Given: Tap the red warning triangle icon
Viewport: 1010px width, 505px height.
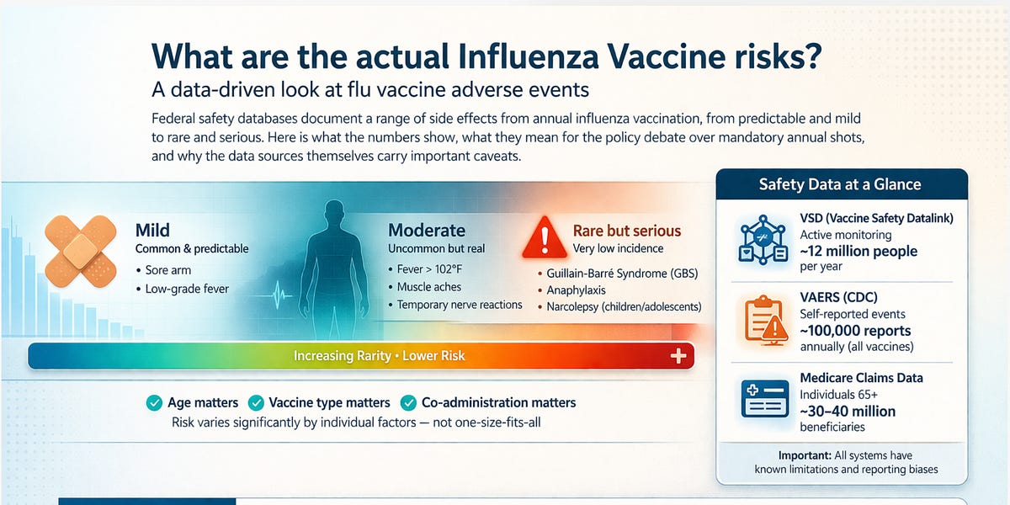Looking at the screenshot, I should click(544, 238).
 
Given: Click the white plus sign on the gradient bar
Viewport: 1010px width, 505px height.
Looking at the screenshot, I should click(678, 356).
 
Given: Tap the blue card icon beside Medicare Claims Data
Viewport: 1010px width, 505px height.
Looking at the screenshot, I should click(764, 399).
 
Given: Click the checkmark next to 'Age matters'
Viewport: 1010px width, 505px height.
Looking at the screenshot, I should click(154, 403).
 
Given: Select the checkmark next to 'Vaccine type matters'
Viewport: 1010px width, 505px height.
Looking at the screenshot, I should click(255, 403).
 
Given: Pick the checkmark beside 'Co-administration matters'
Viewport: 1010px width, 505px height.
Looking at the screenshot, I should click(409, 403).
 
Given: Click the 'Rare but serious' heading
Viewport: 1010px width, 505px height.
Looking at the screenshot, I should click(627, 231).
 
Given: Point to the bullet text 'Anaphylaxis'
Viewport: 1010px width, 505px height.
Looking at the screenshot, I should click(577, 290).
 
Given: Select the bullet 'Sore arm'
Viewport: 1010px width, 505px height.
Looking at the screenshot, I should click(168, 270).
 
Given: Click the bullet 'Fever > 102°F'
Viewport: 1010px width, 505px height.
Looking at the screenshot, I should click(437, 269).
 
